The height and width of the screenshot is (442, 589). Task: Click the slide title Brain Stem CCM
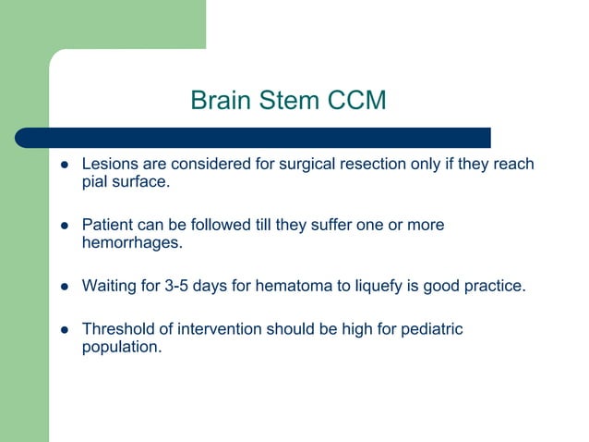tap(288, 100)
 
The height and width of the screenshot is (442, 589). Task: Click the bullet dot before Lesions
tap(65, 166)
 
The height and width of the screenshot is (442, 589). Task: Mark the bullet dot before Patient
tap(65, 226)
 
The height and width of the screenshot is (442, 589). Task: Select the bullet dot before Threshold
tap(65, 329)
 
